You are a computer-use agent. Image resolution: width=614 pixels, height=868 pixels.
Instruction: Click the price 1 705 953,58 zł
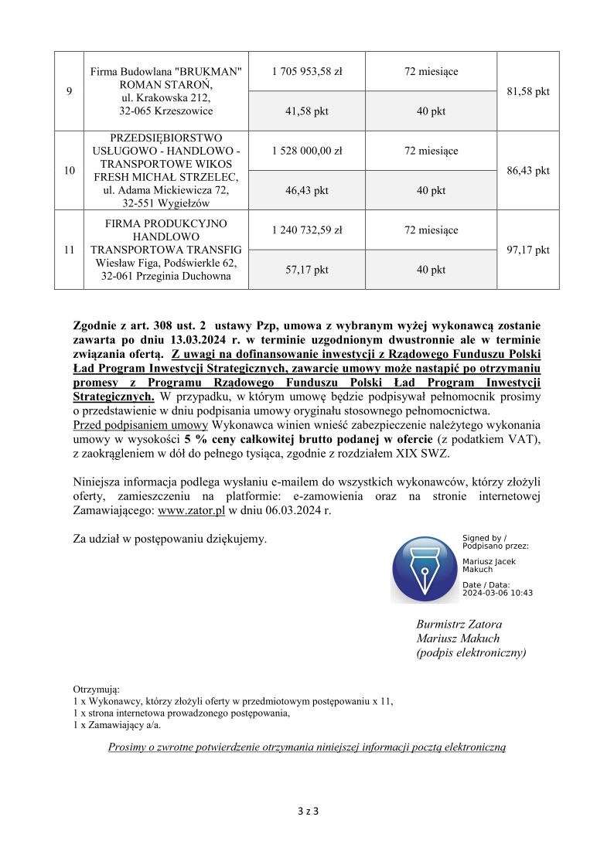[307, 72]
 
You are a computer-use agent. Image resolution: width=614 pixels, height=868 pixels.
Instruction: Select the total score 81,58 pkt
[527, 91]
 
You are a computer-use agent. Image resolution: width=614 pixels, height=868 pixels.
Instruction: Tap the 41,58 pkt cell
[307, 111]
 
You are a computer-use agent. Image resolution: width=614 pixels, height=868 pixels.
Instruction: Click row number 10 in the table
[70, 171]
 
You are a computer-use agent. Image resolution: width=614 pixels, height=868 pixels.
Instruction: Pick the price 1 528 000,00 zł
[307, 151]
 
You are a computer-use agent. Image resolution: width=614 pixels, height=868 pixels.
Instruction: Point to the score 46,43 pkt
[307, 190]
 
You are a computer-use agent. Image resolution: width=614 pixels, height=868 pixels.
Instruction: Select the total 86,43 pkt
[527, 171]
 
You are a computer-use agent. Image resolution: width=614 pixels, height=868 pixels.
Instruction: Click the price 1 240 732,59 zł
[307, 230]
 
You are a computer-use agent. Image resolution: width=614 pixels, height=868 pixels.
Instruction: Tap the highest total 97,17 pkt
[527, 250]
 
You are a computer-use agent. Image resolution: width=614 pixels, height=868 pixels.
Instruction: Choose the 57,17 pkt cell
[307, 270]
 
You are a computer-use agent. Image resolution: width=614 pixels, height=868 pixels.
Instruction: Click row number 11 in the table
[70, 250]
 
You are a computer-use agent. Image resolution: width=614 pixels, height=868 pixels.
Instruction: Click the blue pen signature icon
[423, 570]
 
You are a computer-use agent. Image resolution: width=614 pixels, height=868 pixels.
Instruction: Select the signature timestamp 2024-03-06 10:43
[497, 593]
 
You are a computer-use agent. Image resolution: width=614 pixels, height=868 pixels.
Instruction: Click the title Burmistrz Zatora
[459, 625]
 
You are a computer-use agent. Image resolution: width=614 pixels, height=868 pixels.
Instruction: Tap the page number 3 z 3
[307, 812]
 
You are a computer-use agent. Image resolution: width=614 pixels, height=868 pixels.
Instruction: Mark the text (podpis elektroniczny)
[471, 653]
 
